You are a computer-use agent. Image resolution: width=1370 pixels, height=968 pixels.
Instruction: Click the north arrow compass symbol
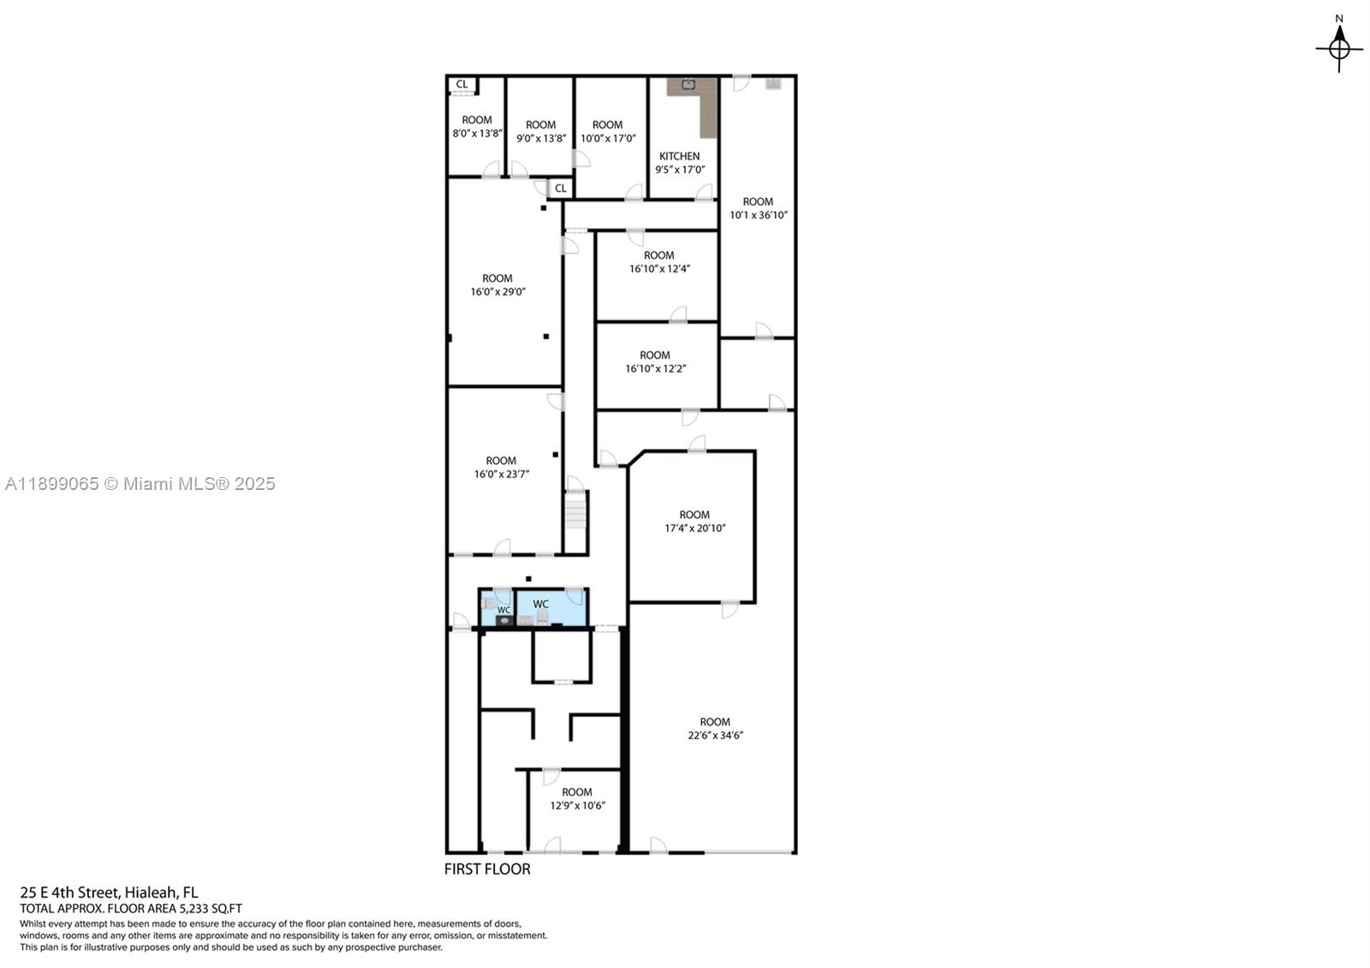pos(1339,47)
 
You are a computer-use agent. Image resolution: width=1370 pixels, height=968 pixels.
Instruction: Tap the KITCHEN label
pos(679,156)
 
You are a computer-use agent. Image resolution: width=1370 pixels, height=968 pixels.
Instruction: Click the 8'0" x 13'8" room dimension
pos(477,134)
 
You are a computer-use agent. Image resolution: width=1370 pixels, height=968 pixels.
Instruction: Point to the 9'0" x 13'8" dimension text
pos(540,138)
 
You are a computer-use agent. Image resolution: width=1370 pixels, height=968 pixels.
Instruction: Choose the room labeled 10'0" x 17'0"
pos(608,138)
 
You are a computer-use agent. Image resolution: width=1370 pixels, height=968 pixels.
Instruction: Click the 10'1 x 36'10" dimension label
pos(758,215)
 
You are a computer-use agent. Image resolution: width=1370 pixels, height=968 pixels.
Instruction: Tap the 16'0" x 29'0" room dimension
pos(497,291)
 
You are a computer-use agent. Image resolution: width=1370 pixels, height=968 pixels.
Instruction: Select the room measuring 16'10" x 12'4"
pos(659,268)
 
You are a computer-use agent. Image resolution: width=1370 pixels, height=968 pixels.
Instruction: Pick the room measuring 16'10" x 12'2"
pos(655,368)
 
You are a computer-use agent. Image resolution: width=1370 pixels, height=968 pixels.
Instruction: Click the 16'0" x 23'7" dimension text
pos(501,474)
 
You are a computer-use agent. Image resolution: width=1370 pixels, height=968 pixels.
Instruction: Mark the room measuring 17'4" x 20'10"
pos(694,528)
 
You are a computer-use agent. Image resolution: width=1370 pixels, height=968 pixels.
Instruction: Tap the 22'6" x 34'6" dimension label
pos(715,735)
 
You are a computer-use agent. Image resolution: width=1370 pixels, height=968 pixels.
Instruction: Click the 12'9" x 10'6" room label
pos(577,805)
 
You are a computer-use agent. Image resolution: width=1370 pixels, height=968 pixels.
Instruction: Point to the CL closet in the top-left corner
pos(462,84)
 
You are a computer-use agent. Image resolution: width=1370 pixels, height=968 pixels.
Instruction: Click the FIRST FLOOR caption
pos(487,869)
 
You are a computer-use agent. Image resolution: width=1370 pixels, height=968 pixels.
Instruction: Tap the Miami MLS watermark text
pos(140,484)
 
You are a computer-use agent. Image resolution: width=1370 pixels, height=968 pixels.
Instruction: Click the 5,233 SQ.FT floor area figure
pos(210,909)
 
